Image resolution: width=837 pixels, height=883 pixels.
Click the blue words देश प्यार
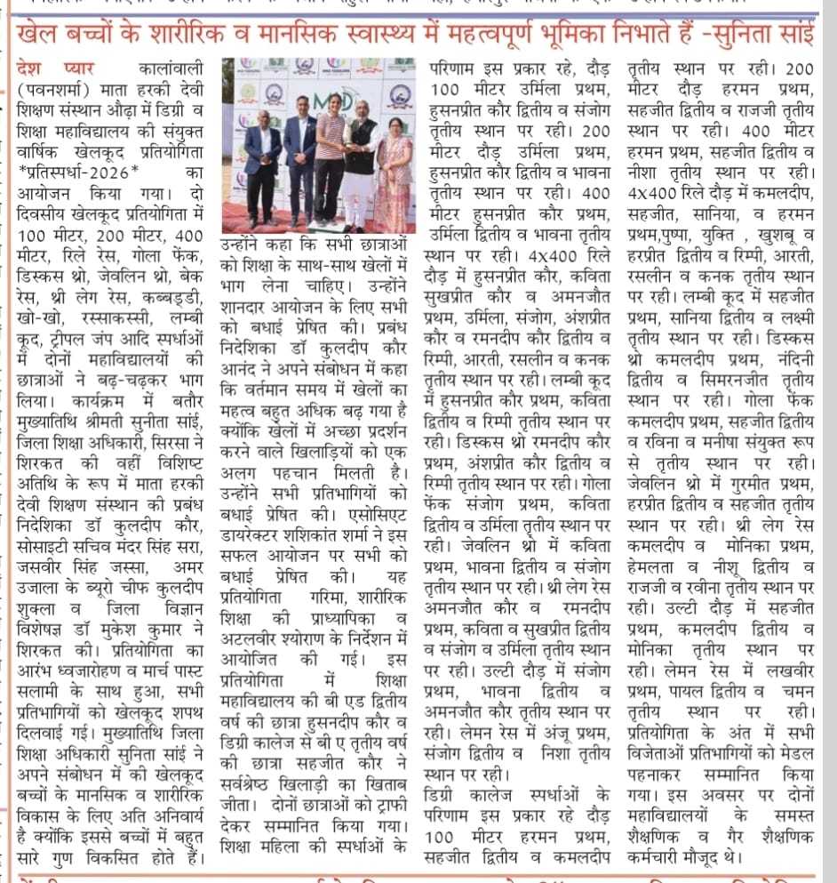coord(54,69)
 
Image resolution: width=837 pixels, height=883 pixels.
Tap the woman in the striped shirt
coord(328,160)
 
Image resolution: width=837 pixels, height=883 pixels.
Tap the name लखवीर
coord(787,669)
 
